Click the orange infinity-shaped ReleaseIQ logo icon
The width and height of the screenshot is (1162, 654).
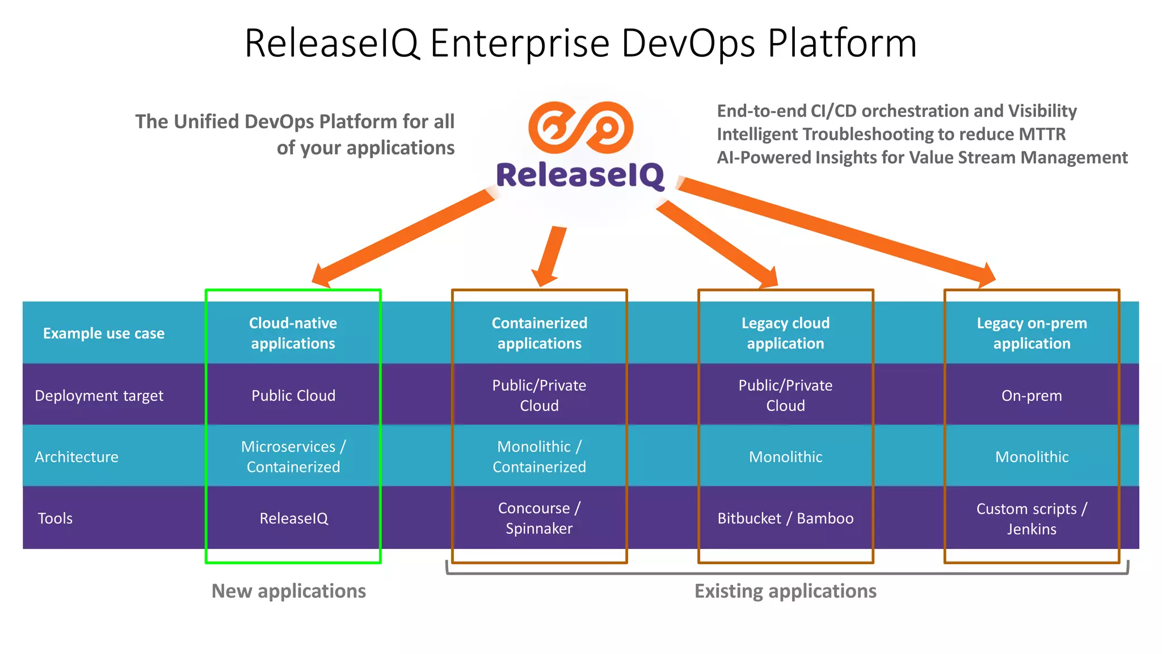point(580,127)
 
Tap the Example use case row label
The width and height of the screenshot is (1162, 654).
point(104,333)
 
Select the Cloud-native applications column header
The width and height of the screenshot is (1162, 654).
point(293,333)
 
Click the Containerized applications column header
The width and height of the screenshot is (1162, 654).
point(539,333)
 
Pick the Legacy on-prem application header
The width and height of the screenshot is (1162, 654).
point(1032,333)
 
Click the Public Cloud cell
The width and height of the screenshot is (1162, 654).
point(293,396)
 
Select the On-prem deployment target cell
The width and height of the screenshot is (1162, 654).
point(1032,396)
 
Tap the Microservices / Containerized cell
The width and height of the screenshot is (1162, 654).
point(293,456)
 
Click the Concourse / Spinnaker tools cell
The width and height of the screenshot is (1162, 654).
point(539,518)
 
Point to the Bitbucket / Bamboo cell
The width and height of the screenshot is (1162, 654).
point(785,518)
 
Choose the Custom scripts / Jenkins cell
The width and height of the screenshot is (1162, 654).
point(1032,518)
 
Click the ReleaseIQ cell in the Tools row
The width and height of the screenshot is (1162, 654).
point(293,518)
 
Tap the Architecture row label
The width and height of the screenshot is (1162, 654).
point(77,457)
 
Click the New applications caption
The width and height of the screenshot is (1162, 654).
point(288,591)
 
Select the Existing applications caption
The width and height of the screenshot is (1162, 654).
point(785,591)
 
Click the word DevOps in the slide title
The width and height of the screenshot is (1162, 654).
point(688,43)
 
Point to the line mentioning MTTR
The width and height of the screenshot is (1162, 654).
point(891,135)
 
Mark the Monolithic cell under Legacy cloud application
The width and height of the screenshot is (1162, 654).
point(785,457)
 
